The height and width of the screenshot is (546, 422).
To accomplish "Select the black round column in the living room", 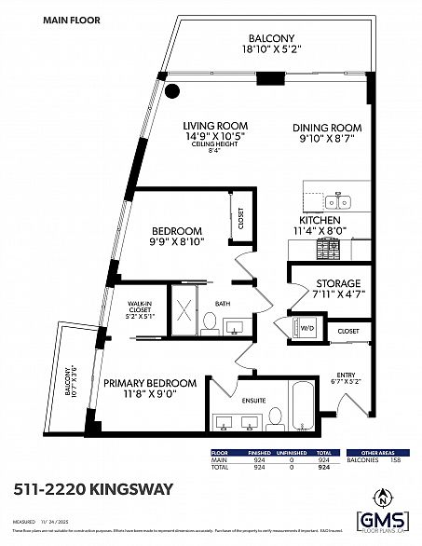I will coord(171,91).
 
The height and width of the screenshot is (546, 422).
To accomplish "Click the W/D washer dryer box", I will coord(306,329).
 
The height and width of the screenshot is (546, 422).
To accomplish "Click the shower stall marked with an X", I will coord(184,314).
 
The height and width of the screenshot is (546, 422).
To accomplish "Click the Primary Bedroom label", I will coord(150,383).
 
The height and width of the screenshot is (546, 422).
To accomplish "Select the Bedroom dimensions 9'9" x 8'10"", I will coord(178,242).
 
